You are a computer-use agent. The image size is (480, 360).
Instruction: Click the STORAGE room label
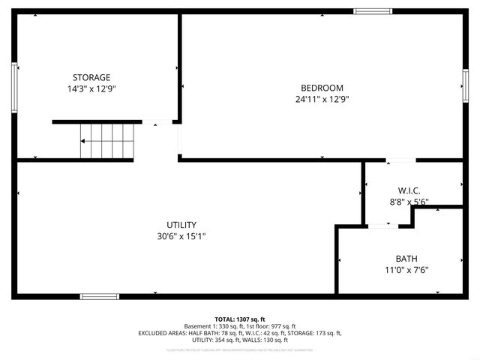[x=91, y=77]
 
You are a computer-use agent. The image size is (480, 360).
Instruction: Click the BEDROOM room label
[x=322, y=87]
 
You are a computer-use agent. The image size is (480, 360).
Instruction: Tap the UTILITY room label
[x=181, y=224]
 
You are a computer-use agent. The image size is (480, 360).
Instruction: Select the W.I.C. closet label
[x=408, y=190]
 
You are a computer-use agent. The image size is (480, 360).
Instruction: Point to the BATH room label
[x=406, y=258]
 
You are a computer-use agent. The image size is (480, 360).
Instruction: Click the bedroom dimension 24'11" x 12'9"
[x=322, y=98]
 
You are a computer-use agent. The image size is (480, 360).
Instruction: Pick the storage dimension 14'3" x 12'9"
[x=91, y=88]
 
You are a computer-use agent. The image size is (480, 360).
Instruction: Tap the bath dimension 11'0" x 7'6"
[x=406, y=269]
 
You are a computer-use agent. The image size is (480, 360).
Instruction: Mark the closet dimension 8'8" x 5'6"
[x=408, y=202]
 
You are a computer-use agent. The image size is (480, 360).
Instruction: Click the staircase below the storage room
[x=107, y=141]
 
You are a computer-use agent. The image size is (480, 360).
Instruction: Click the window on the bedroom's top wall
[x=373, y=11]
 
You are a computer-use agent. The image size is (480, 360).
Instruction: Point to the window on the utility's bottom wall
[x=100, y=296]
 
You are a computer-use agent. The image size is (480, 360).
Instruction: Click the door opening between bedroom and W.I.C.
[x=400, y=160]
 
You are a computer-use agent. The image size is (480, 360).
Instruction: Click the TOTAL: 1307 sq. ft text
[x=240, y=319]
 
